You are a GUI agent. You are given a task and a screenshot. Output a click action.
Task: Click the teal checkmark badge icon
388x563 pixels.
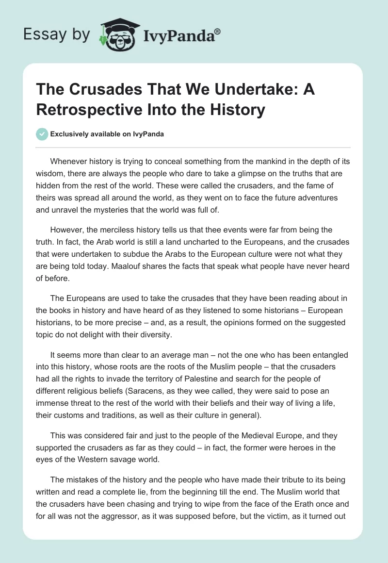coord(42,134)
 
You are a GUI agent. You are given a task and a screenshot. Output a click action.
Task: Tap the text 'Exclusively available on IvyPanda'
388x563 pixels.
coord(107,134)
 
